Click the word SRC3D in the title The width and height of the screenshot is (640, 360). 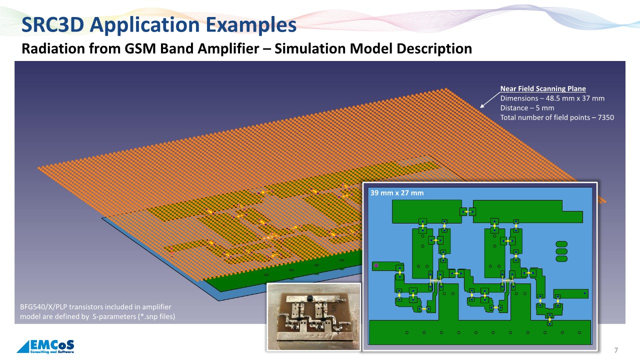click(x=53, y=24)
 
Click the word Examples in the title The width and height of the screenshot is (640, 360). click(x=251, y=25)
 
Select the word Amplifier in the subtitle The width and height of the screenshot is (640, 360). click(x=228, y=48)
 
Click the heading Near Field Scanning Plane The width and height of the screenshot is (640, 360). click(x=543, y=89)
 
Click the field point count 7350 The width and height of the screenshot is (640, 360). click(x=605, y=117)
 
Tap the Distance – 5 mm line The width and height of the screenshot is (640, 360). click(x=527, y=108)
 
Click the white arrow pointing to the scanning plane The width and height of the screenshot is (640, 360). click(x=490, y=100)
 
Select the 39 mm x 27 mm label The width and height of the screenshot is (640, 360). click(x=397, y=193)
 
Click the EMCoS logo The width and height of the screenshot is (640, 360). click(x=45, y=346)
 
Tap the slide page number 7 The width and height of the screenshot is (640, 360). click(x=616, y=350)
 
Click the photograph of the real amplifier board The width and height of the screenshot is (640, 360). click(x=313, y=316)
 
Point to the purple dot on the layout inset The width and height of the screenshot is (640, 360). click(x=376, y=265)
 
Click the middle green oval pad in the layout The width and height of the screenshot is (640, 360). click(x=561, y=251)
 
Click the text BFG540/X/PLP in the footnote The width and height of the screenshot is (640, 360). click(x=43, y=307)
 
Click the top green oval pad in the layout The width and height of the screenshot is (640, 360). click(x=561, y=244)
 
